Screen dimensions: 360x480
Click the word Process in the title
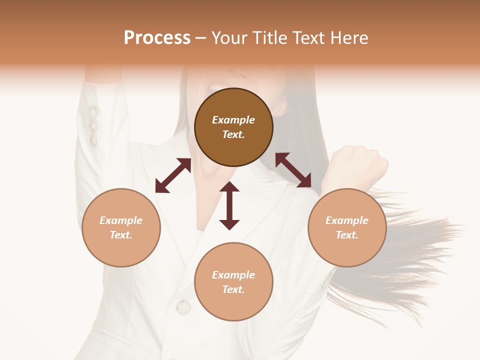click(157, 38)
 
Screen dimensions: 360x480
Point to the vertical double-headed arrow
click(229, 205)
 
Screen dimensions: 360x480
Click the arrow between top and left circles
click(173, 175)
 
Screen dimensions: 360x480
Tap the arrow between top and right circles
click(293, 170)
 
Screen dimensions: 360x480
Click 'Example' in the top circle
click(233, 120)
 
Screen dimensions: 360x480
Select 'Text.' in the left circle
click(121, 235)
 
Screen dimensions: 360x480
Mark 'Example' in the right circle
click(347, 220)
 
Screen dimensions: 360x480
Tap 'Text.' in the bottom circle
click(233, 289)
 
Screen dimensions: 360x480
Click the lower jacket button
click(183, 306)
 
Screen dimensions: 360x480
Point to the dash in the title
click(201, 38)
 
